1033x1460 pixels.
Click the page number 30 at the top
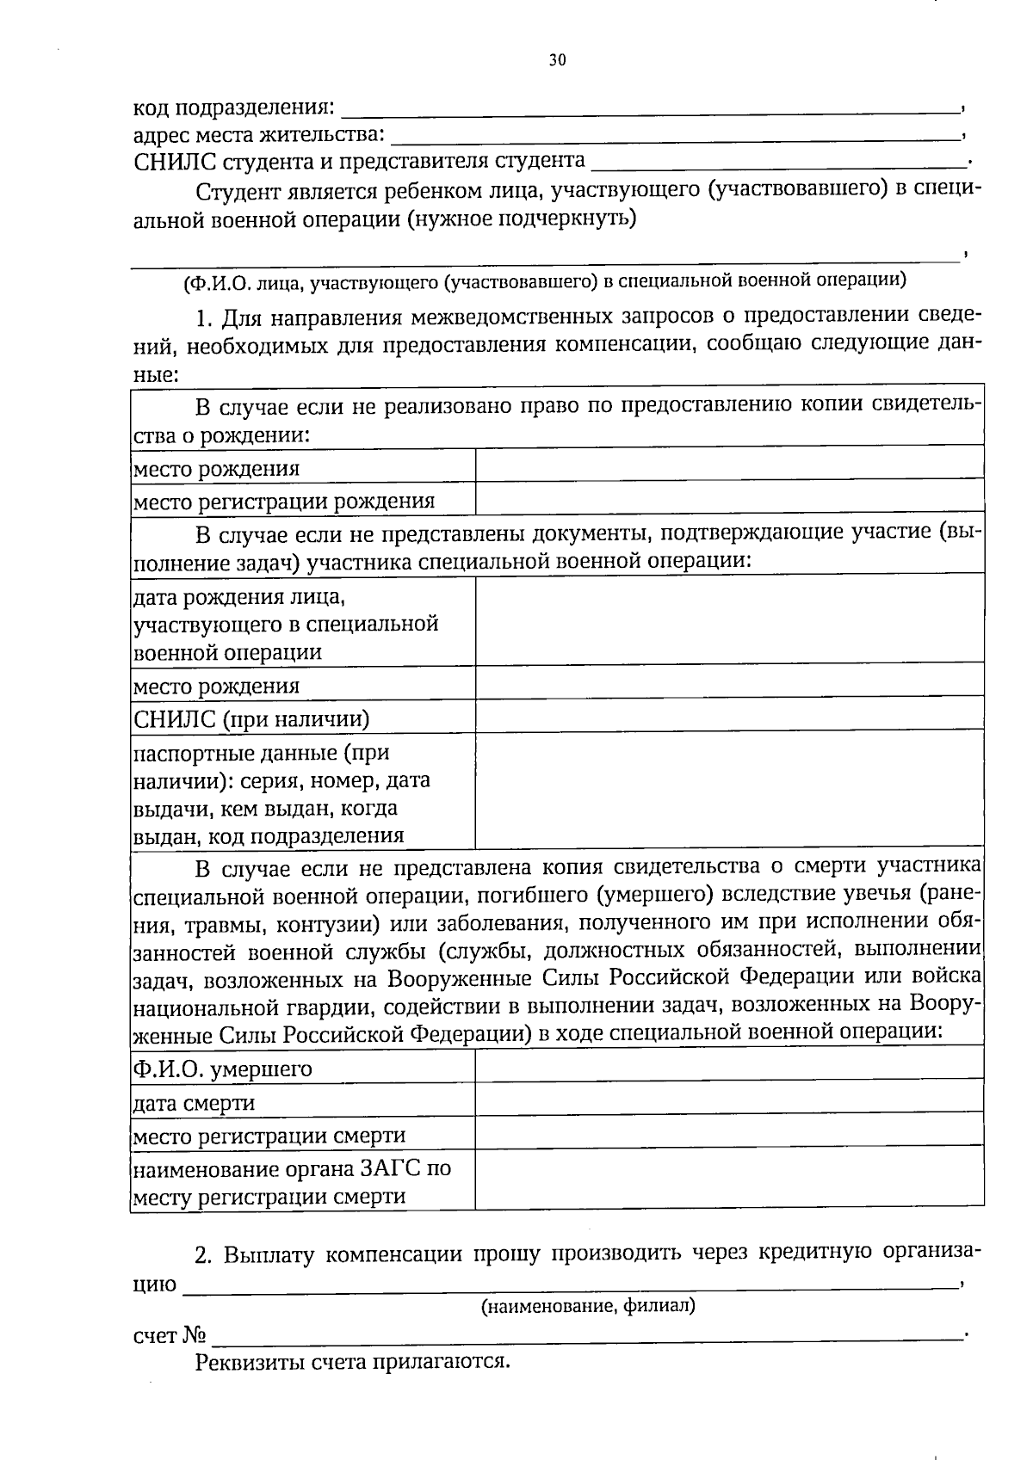pyautogui.click(x=558, y=60)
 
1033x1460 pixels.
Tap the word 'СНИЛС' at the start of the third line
pyautogui.click(x=175, y=161)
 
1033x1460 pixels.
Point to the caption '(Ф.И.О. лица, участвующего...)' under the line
pyautogui.click(x=544, y=280)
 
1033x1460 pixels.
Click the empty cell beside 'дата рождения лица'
pyautogui.click(x=729, y=619)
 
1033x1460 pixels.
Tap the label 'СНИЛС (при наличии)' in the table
pyautogui.click(x=251, y=718)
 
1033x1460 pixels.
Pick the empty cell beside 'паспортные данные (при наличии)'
pyautogui.click(x=729, y=789)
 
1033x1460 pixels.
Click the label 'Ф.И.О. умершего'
pyautogui.click(x=222, y=1069)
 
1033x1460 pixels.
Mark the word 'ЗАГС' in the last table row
pyautogui.click(x=391, y=1168)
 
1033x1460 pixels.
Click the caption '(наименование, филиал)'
pyautogui.click(x=587, y=1306)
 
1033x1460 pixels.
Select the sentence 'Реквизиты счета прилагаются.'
pyautogui.click(x=354, y=1362)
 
